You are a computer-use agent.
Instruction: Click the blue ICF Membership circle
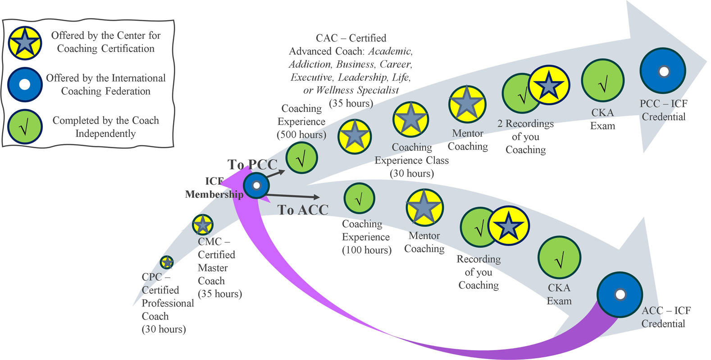pyautogui.click(x=256, y=185)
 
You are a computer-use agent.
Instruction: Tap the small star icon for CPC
pyautogui.click(x=167, y=262)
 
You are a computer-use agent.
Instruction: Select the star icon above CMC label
pyautogui.click(x=203, y=224)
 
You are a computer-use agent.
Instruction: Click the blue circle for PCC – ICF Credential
pyautogui.click(x=663, y=71)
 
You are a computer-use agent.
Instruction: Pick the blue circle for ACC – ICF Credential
pyautogui.click(x=620, y=295)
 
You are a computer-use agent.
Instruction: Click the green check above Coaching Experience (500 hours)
pyautogui.click(x=302, y=158)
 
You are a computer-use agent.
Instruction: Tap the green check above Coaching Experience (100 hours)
pyautogui.click(x=359, y=198)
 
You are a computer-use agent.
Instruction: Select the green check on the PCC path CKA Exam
pyautogui.click(x=602, y=81)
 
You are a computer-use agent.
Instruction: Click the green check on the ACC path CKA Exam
pyautogui.click(x=559, y=258)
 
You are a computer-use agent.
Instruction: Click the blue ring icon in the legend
pyautogui.click(x=25, y=84)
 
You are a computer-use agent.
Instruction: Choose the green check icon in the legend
pyautogui.click(x=25, y=127)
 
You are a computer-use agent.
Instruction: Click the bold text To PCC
pyautogui.click(x=252, y=164)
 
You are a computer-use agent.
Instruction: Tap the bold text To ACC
pyautogui.click(x=303, y=210)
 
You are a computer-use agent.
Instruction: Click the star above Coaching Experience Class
pyautogui.click(x=410, y=119)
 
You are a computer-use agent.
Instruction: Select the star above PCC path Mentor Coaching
pyautogui.click(x=467, y=105)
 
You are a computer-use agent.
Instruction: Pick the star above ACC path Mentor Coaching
pyautogui.click(x=424, y=207)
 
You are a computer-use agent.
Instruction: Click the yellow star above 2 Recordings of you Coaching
pyautogui.click(x=549, y=85)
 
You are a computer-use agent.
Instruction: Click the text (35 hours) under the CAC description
pyautogui.click(x=351, y=103)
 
